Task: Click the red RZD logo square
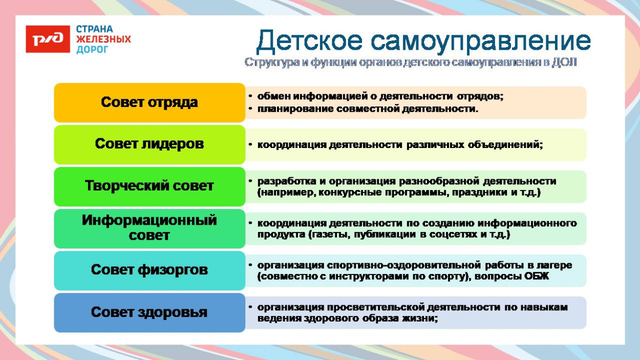(48, 39)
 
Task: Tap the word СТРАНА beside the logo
(95, 29)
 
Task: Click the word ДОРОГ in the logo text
(93, 50)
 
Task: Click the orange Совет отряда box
(150, 102)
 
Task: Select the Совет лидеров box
(150, 144)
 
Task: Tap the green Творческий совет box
(150, 186)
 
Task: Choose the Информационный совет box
(150, 228)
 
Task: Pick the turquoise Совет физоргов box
(150, 270)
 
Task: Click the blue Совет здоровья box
(150, 312)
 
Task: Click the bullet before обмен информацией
(250, 96)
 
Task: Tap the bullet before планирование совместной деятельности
(250, 109)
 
